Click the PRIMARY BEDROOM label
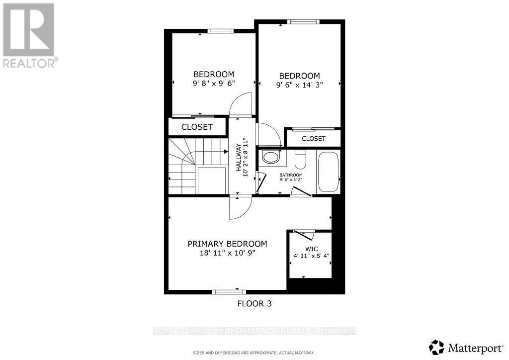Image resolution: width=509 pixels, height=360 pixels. tap(227, 244)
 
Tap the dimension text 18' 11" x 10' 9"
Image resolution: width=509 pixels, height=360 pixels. tap(227, 253)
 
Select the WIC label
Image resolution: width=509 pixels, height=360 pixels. tap(311, 249)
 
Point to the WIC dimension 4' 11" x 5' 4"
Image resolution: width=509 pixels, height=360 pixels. tap(311, 257)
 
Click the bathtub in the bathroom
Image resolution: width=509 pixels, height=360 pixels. tap(328, 172)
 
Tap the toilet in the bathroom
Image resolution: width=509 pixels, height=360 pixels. tap(301, 160)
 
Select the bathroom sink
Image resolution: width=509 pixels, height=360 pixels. tap(271, 158)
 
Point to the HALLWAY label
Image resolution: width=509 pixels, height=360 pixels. tap(238, 158)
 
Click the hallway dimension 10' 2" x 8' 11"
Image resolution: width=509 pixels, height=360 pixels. tap(245, 158)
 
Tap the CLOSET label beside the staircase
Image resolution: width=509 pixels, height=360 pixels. tap(197, 127)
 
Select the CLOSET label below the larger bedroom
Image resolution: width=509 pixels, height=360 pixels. tap(314, 139)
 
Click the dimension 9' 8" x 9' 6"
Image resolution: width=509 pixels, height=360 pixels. tap(214, 84)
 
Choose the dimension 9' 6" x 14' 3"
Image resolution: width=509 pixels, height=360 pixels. tap(299, 85)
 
